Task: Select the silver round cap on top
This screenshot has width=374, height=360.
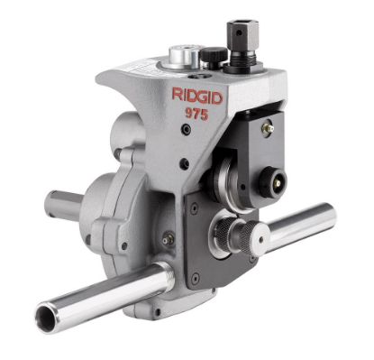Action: [x=184, y=58]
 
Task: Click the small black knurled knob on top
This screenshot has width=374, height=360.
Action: [x=213, y=57]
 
